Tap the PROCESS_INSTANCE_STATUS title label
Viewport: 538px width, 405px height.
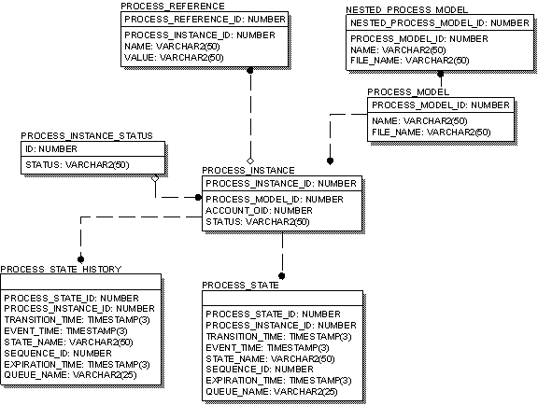point(86,136)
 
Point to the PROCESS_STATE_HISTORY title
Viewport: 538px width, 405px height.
point(61,270)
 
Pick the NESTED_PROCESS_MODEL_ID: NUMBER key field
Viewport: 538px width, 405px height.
point(432,22)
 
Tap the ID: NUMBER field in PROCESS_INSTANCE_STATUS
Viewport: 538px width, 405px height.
point(50,148)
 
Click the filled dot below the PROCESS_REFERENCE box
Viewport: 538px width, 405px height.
point(250,70)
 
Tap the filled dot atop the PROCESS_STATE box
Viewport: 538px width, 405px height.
point(282,275)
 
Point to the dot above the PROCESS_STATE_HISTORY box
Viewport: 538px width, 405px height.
point(80,258)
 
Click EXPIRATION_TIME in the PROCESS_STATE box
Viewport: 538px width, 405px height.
point(277,381)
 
